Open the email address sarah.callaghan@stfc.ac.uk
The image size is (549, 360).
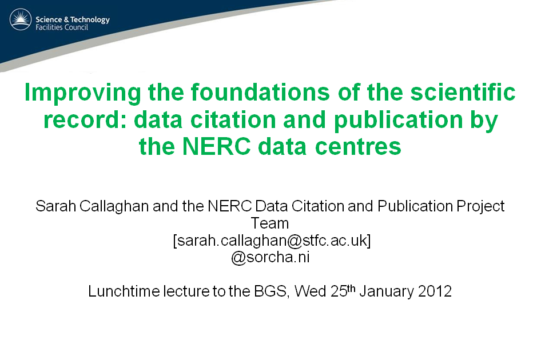[x=272, y=241]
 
